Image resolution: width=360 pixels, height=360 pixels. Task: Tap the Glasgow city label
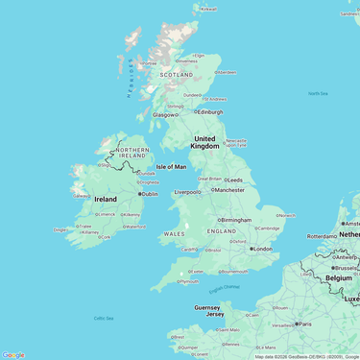[x=163, y=114]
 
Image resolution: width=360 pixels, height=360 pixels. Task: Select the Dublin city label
[x=150, y=194]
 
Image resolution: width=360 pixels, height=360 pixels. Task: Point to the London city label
[x=262, y=249]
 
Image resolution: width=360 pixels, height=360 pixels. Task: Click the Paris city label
[x=304, y=324]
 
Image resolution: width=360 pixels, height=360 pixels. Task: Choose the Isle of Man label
[x=172, y=166]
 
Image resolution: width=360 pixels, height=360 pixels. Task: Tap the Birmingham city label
[x=235, y=220]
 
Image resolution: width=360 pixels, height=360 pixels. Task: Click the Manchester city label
[x=229, y=190]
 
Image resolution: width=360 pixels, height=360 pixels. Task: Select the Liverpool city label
[x=187, y=192]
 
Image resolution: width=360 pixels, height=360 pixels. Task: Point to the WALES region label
[x=174, y=233]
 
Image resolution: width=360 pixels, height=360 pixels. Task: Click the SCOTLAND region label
[x=176, y=74]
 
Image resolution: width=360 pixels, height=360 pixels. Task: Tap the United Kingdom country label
[x=205, y=142]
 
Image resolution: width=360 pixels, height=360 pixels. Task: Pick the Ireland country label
[x=106, y=199]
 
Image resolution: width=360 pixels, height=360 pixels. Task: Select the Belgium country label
[x=339, y=277]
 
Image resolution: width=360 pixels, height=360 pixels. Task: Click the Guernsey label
[x=207, y=307]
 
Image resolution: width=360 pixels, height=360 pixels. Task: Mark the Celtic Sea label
[x=104, y=318]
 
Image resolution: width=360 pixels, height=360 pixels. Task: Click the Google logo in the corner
[x=13, y=354]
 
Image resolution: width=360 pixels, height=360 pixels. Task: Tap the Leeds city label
[x=234, y=180]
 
